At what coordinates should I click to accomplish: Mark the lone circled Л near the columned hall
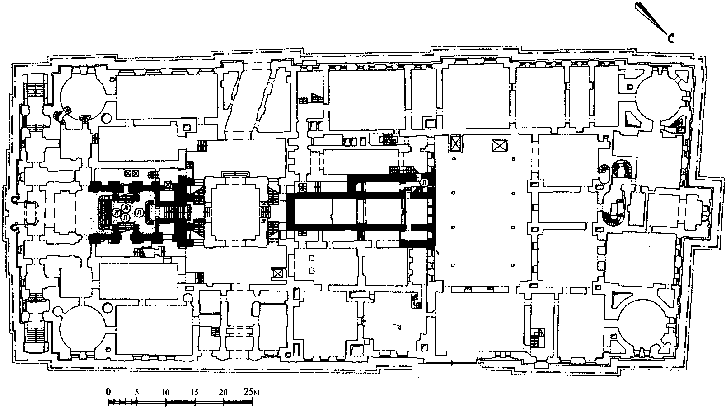point(424,182)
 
